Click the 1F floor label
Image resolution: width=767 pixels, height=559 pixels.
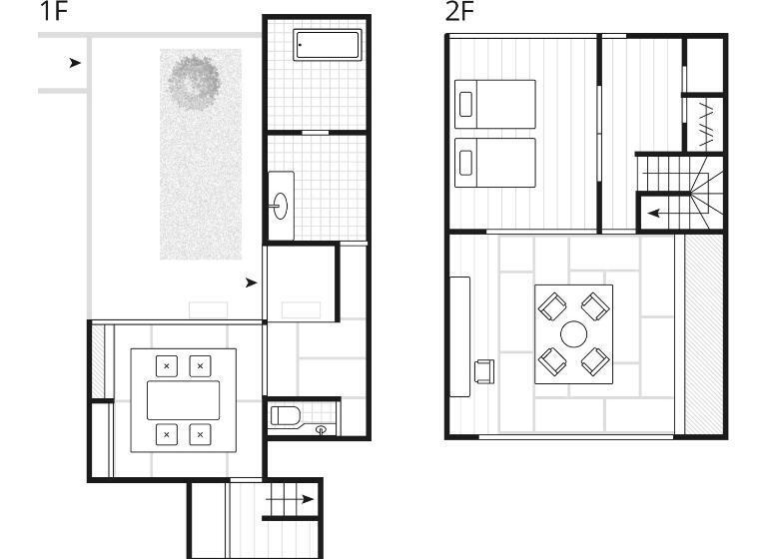coord(53,11)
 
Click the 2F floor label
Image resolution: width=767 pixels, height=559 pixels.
coord(459,11)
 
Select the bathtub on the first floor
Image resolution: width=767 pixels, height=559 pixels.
coord(328,45)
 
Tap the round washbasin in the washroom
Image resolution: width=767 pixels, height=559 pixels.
coord(281,206)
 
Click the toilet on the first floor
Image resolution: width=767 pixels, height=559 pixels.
coord(286,415)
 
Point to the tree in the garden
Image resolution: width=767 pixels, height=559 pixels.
coord(194,82)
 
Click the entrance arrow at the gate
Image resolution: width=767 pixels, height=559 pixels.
coord(75,63)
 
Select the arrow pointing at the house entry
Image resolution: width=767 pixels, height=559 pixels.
coord(252,282)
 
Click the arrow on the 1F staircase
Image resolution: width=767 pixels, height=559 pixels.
coord(290,499)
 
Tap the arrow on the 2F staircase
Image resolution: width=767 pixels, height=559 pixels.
coord(669,214)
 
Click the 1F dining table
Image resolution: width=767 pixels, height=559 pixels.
coord(184,400)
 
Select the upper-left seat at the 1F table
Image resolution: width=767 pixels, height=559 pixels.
coord(167,365)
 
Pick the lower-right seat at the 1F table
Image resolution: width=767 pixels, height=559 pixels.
coord(200,434)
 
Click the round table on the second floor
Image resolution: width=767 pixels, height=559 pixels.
coord(574,334)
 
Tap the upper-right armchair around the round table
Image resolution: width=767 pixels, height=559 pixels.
coord(595,306)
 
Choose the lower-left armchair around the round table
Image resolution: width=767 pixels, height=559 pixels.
coord(552,362)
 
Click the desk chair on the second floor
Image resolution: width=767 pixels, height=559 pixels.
coord(484,370)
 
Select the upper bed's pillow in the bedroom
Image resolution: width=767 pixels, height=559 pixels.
coord(465,104)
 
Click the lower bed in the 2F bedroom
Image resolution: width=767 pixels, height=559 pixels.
coord(495,163)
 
